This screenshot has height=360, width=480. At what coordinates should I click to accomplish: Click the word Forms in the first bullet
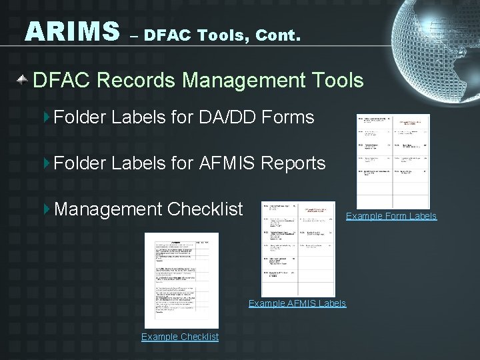pyautogui.click(x=289, y=118)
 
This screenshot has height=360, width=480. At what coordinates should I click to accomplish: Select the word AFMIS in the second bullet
pyautogui.click(x=228, y=163)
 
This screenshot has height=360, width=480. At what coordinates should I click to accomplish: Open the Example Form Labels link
pyautogui.click(x=391, y=216)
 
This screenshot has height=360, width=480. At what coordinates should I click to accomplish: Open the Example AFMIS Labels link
pyautogui.click(x=297, y=303)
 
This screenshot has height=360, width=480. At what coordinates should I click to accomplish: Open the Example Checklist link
pyautogui.click(x=179, y=337)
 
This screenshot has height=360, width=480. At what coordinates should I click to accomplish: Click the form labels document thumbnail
pyautogui.click(x=393, y=161)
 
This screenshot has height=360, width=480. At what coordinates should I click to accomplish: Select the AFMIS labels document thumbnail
pyautogui.click(x=298, y=249)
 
